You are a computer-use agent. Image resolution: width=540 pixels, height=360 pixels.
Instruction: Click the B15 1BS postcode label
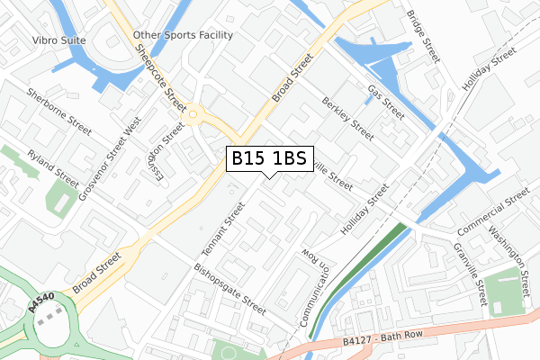pos(269,158)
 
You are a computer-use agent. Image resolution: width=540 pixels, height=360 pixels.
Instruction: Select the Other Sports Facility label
pos(183,35)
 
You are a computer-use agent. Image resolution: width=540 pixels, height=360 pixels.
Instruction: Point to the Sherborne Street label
pos(59,112)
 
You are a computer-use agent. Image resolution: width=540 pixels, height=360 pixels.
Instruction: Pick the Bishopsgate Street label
pos(229,289)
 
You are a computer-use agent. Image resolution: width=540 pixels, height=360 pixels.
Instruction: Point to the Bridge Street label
pos(423,36)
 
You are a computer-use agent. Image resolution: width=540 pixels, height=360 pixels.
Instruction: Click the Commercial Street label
pos(493,209)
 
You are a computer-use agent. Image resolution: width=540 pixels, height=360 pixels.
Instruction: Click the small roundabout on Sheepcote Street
pos(193,113)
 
